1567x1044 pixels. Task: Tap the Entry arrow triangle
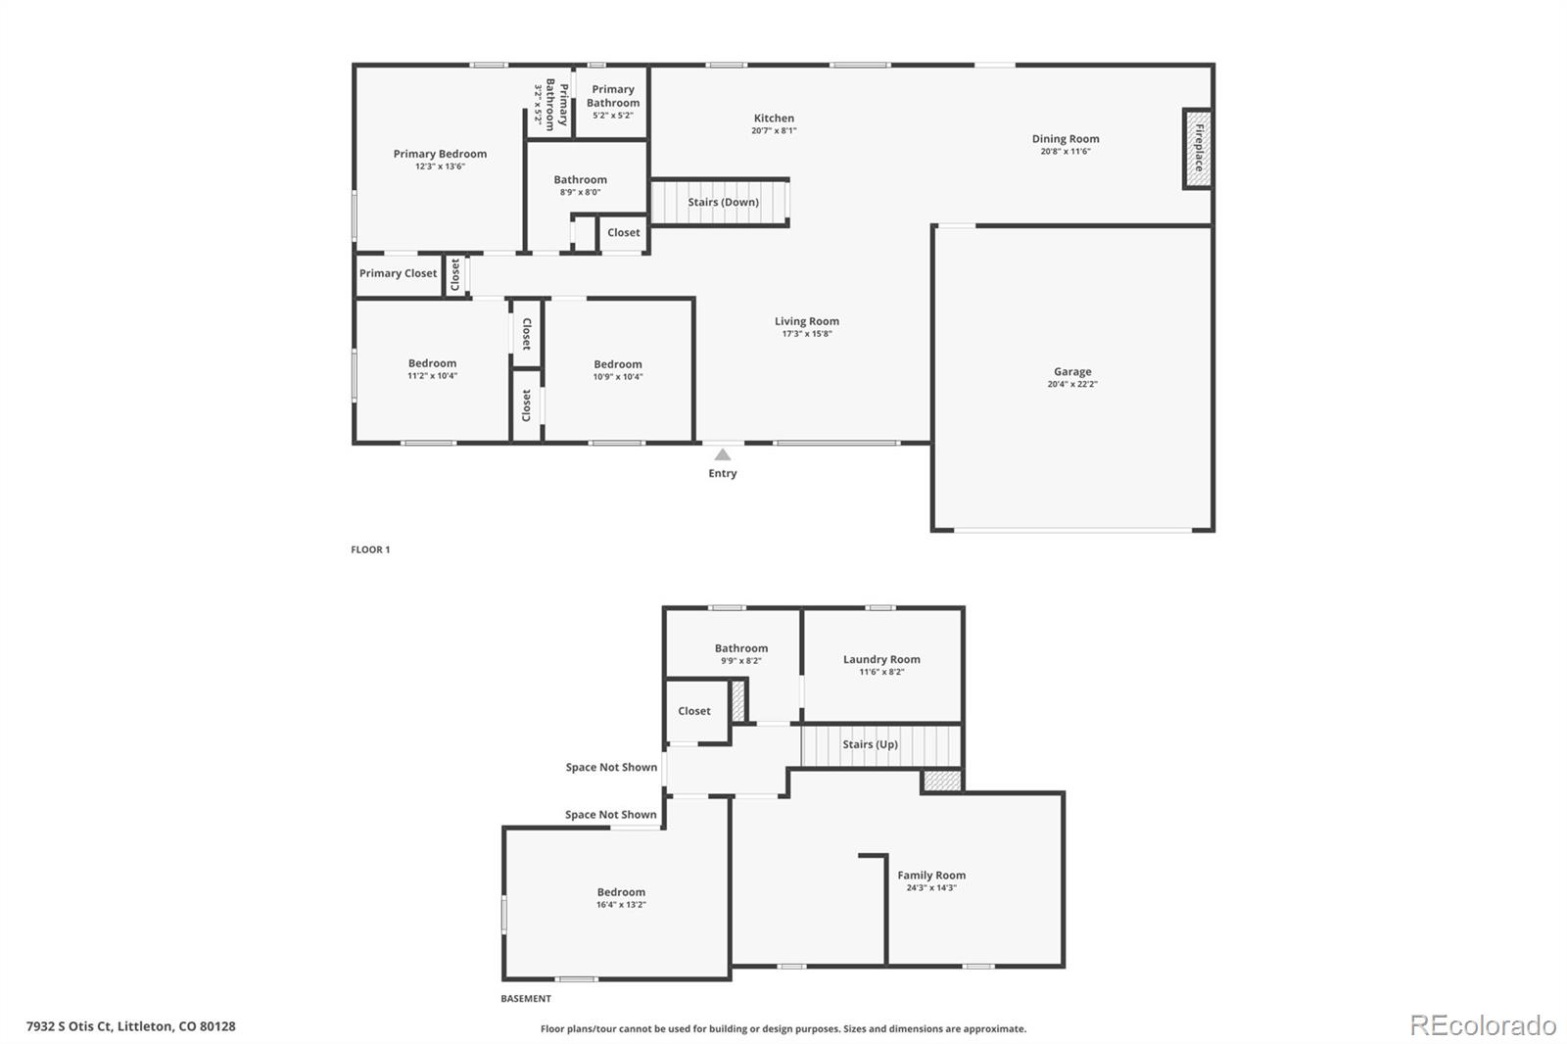coord(723,454)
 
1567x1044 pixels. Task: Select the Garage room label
coord(1072,371)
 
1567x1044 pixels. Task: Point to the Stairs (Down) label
coord(723,203)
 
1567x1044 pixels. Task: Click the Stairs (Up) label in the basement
coord(870,744)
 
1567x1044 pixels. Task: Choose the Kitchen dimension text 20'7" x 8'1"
coord(774,130)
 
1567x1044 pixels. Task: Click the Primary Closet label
coord(398,273)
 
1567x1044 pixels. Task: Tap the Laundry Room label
coord(881,659)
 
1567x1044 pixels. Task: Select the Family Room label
coord(931,876)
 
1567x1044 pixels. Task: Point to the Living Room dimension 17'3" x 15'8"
coord(807,334)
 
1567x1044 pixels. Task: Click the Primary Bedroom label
coord(440,154)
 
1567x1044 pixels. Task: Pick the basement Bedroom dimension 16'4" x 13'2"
coord(621,905)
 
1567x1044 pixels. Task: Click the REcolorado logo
coord(1483,1025)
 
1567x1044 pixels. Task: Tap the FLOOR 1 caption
coord(370,549)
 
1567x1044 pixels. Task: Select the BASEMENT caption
coord(526,999)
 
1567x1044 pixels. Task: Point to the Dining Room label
coord(1066,139)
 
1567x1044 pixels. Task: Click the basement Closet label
coord(694,711)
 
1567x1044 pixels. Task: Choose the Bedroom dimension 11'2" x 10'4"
coord(432,376)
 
